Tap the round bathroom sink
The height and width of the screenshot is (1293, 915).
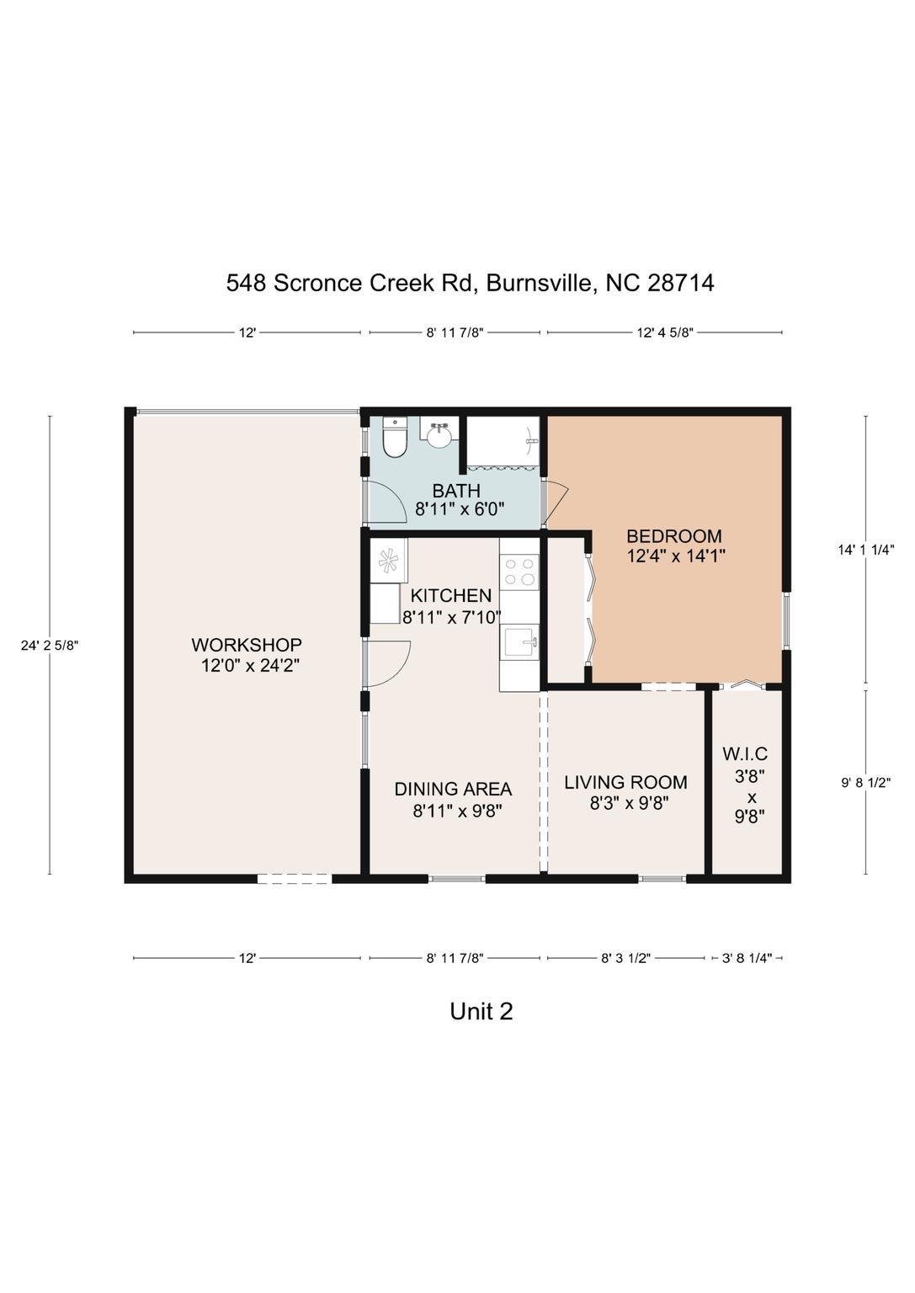[439, 433]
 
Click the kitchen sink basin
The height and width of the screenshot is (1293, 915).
[521, 642]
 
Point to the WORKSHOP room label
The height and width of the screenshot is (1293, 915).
[247, 644]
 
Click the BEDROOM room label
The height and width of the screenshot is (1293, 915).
[674, 535]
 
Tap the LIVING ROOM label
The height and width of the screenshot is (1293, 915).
[625, 782]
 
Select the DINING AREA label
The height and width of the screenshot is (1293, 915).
[453, 789]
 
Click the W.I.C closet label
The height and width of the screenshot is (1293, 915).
[745, 753]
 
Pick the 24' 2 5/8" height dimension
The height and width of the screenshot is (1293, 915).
[50, 646]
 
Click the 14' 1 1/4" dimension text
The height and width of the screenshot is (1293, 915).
[866, 550]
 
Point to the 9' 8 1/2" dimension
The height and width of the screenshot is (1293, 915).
[866, 783]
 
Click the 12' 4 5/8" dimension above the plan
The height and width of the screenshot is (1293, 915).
[665, 333]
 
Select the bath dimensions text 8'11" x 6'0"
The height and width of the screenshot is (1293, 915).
[460, 509]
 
